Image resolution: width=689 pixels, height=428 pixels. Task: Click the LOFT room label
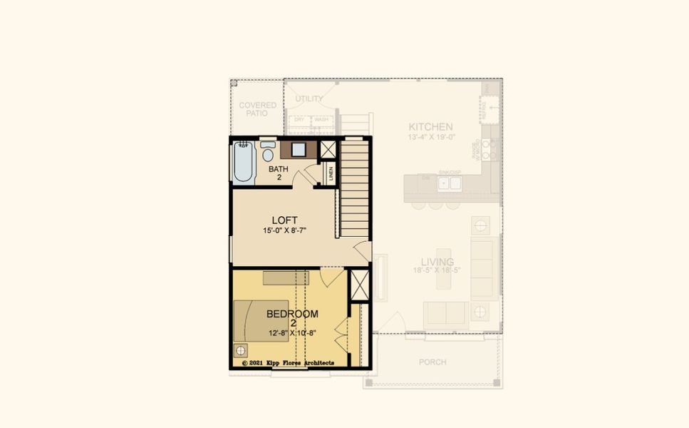coord(284,220)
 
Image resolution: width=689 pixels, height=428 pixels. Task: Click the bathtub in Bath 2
coord(243,163)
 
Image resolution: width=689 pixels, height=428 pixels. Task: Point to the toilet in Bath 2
coord(268,153)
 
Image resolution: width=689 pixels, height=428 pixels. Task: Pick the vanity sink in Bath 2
coord(299,150)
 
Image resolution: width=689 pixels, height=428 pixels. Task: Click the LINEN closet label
coord(331,173)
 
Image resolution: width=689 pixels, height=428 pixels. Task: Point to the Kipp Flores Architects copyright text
coord(288,363)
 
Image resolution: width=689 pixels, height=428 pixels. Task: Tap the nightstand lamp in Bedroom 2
coord(241,351)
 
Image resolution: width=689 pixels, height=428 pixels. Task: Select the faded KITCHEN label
coord(430,126)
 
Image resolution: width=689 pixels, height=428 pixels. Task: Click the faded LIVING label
coord(432,262)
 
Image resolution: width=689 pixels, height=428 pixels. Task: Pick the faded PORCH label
coord(432,362)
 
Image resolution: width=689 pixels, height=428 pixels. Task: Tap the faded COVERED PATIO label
coord(257,109)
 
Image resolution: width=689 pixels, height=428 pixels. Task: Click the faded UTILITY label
coord(309,98)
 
